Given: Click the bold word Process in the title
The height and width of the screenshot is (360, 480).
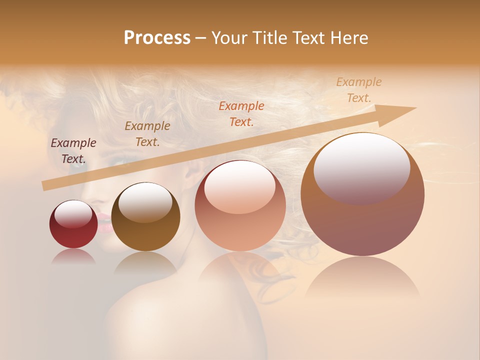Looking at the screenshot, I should (157, 38).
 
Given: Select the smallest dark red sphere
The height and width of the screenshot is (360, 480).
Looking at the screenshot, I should (73, 224).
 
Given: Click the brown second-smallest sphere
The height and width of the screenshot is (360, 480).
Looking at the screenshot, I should (145, 217).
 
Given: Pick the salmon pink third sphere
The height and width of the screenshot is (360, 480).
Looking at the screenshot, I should (240, 206).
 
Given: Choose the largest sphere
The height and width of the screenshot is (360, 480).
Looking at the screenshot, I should (362, 194).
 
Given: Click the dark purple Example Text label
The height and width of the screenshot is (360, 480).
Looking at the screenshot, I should (73, 151).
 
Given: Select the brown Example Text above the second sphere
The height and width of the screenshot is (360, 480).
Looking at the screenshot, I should (147, 134).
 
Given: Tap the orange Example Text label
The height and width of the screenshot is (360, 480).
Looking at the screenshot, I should (241, 113).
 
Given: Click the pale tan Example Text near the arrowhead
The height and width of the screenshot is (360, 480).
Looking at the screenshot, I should (359, 89).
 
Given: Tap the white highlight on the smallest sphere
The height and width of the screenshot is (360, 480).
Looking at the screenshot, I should (73, 214).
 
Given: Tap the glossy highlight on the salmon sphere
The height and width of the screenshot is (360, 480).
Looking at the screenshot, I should (240, 188).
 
